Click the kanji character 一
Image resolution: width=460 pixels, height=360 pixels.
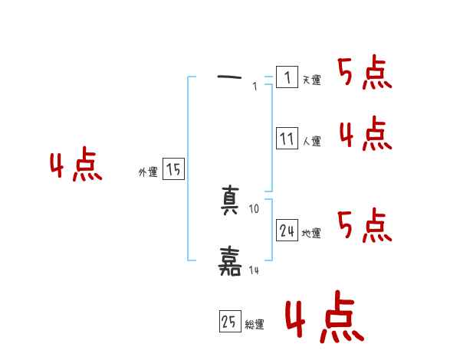tap(230, 77)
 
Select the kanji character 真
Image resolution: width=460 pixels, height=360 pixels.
tap(230, 201)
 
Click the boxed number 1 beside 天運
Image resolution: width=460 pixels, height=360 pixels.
tap(287, 77)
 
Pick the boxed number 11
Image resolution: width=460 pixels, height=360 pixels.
tap(287, 139)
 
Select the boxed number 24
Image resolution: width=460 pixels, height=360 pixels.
tap(287, 231)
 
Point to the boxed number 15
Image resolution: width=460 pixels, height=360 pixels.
tap(173, 170)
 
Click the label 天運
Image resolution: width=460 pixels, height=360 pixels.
tap(311, 80)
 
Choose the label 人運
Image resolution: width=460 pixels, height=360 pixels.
tap(311, 141)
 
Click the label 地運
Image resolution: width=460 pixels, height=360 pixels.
tap(311, 233)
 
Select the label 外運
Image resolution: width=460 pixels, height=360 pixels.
tap(148, 173)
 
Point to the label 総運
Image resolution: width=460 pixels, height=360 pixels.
tap(255, 325)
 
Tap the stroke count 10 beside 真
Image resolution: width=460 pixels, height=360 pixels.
tap(255, 208)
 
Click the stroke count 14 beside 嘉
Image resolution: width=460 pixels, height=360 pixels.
tap(255, 270)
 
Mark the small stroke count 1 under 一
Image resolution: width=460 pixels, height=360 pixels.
tap(255, 87)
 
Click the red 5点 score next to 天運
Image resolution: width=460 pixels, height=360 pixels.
tap(365, 74)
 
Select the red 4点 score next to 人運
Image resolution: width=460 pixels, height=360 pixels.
tap(365, 135)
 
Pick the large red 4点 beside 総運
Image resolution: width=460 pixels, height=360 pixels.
tap(324, 320)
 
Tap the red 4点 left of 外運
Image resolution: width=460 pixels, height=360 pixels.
tap(76, 166)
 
